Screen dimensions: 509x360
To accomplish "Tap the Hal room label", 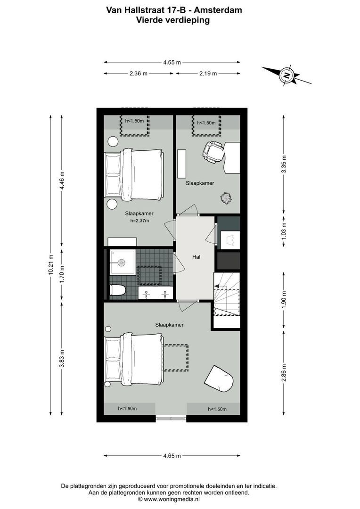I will pos(196,257).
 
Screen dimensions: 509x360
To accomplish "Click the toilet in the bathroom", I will pos(116,290).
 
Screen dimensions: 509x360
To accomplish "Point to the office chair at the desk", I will pos(213,152).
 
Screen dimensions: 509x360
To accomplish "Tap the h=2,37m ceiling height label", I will pos(139,220).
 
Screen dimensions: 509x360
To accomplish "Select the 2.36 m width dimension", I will pos(138,74).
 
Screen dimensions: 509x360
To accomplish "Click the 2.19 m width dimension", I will pos(208,74).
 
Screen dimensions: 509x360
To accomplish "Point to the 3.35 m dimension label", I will pos(283,164).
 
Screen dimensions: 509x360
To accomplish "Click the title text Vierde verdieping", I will pos(172,20).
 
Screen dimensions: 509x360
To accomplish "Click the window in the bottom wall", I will pos(171,418).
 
